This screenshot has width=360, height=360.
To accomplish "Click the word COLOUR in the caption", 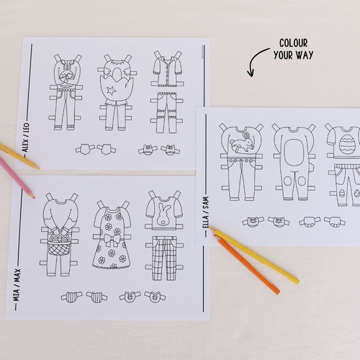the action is coord(293,43).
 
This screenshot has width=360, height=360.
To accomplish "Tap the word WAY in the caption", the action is coord(304,55).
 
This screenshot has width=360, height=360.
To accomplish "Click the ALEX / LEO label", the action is coord(26,138).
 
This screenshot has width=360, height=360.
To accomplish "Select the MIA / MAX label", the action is coord(17,285).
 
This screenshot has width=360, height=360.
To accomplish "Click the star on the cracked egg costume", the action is coord(111,91).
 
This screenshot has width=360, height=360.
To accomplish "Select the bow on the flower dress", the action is coord(112,239).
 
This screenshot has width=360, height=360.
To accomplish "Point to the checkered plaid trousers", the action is coord(164,258).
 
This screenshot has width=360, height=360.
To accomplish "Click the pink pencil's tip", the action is coord(34,198).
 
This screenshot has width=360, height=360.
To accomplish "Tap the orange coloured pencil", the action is coord(247,265).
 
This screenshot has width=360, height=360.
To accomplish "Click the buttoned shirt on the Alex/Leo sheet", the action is coord(166,71).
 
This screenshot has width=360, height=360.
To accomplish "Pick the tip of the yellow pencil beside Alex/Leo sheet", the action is coord(38,168).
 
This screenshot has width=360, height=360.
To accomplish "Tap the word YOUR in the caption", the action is coord(283,55).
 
